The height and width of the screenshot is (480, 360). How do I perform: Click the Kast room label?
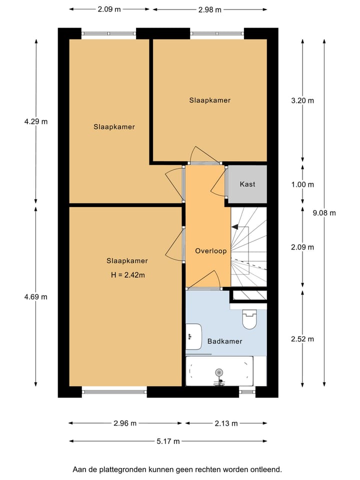click(247, 184)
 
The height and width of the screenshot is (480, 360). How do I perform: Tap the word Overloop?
click(211, 251)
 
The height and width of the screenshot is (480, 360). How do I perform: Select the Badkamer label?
click(224, 341)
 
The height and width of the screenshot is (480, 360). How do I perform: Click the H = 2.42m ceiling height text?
click(127, 274)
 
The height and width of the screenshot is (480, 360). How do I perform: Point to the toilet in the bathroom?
click(248, 319)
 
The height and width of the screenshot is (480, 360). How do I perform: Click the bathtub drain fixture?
click(218, 372)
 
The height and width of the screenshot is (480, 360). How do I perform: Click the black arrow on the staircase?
click(235, 226)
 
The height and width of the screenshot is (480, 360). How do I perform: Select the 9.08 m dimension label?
click(324, 212)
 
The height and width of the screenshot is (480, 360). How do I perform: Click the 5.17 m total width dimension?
click(167, 441)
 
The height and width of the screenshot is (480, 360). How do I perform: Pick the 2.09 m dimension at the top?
click(109, 9)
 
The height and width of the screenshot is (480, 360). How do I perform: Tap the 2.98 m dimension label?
click(209, 9)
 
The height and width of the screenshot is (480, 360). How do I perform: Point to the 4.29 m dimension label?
click(35, 121)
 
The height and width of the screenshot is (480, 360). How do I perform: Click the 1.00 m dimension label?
click(302, 184)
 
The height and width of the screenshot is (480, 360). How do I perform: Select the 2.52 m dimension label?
click(302, 339)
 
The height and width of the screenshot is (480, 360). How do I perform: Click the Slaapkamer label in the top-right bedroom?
click(209, 100)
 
